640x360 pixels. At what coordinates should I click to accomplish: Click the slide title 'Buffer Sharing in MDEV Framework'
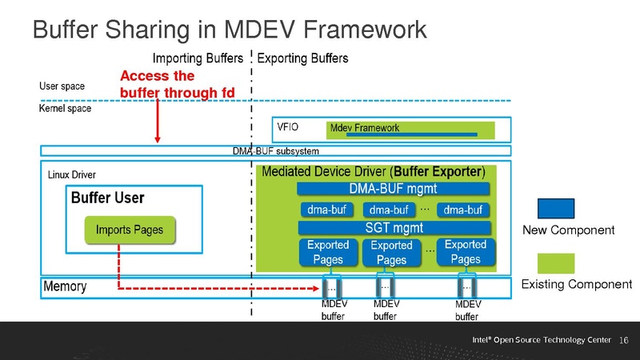229,30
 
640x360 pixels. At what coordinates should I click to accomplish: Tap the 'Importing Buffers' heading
198,58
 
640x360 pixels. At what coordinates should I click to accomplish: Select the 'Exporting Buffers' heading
303,58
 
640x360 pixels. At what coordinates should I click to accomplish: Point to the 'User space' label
62,86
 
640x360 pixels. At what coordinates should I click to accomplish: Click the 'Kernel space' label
66,108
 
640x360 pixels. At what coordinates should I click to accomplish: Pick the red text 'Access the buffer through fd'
177,85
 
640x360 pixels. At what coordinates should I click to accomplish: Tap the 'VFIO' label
287,127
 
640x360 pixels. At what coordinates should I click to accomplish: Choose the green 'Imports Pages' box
130,230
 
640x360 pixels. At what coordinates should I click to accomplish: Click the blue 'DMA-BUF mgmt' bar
393,189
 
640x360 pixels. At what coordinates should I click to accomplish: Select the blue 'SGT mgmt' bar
393,227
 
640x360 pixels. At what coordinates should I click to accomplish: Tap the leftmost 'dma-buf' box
326,210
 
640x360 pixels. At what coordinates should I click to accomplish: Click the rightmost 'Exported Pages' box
465,251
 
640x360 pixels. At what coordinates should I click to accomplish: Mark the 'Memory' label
65,286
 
